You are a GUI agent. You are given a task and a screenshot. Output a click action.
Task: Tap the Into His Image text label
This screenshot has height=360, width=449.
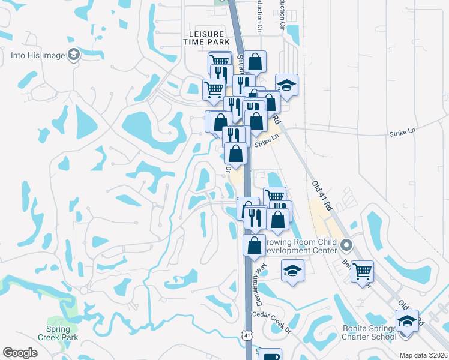(37, 56)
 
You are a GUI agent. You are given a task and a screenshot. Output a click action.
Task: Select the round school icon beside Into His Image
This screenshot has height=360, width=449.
(74, 55)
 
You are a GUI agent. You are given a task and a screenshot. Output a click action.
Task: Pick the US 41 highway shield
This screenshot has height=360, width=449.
(247, 334)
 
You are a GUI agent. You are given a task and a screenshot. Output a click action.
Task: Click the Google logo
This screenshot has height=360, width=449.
(20, 353)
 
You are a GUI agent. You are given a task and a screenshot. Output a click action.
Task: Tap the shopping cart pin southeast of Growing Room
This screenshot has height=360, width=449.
(363, 271)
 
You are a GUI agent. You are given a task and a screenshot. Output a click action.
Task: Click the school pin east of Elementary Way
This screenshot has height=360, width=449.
(293, 270)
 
